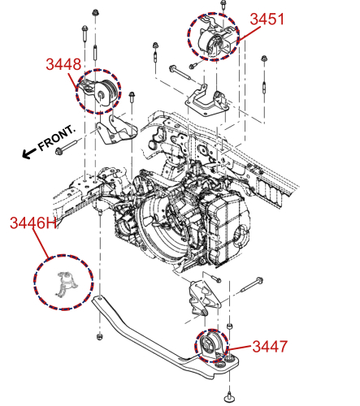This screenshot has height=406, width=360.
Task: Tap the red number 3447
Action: (269, 347)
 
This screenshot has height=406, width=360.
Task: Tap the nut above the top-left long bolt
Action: (95, 13)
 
